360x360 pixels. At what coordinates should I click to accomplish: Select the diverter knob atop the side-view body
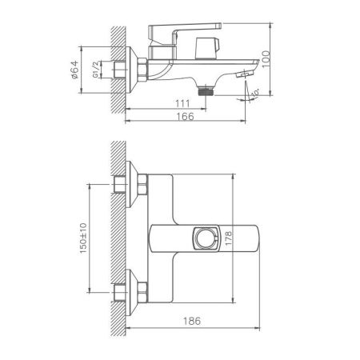(x=211, y=47)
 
